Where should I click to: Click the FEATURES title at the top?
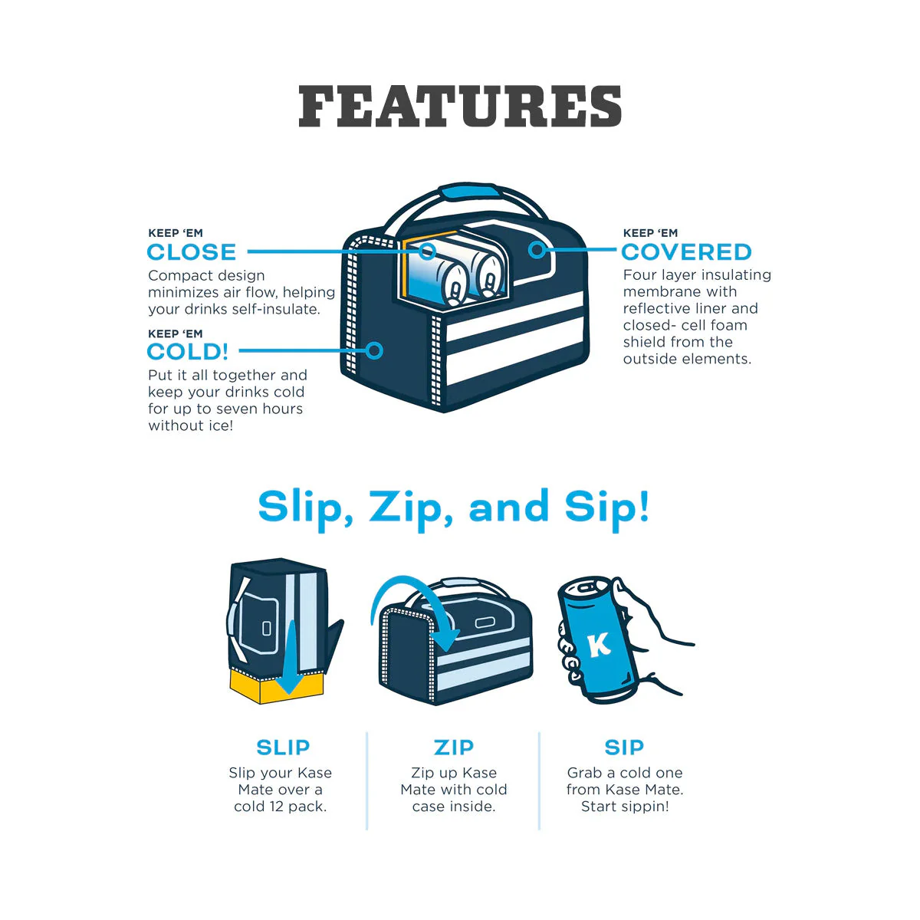pos(460,107)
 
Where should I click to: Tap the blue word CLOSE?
pos(192,252)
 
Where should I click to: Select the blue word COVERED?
pos(686,252)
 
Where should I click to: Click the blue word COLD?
pos(188,352)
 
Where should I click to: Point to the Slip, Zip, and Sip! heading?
pos(454,508)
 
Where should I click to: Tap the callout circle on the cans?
pos(427,251)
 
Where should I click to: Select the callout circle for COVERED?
pos(537,249)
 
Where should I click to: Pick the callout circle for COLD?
pos(374,350)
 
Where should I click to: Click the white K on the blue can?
pos(599,645)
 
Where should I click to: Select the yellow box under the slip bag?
pos(261,688)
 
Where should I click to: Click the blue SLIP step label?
pos(283,747)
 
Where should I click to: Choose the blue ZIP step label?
pos(454,747)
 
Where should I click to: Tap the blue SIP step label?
pos(624,747)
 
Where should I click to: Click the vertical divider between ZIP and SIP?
pos(539,780)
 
